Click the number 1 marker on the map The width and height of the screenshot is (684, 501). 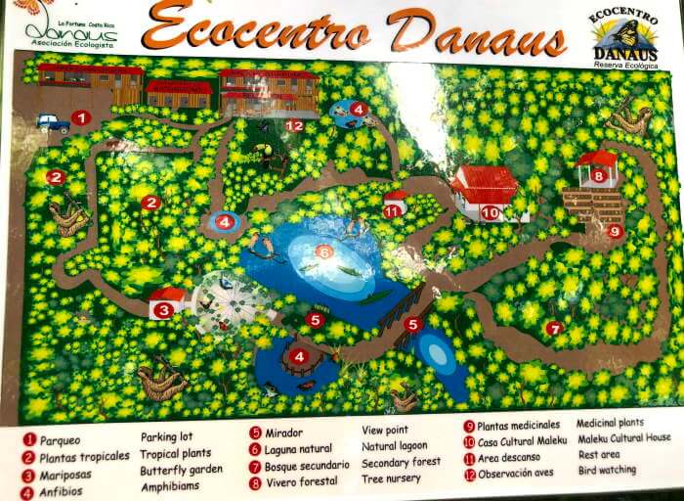[x=81, y=118]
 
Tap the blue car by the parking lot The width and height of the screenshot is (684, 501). [x=52, y=122]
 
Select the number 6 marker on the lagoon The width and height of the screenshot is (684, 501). [x=323, y=251]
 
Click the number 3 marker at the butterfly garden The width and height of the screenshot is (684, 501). [x=163, y=310]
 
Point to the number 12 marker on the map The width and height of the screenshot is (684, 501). [x=294, y=125]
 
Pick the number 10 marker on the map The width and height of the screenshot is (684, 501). [x=490, y=211]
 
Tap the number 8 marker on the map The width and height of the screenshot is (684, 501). [x=598, y=176]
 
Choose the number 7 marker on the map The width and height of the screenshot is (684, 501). [x=554, y=328]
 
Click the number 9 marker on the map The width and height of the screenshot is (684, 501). [x=615, y=231]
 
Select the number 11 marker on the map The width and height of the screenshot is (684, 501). [x=393, y=210]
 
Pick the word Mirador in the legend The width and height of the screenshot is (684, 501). [x=282, y=433]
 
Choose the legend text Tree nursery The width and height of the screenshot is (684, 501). [x=392, y=478]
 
